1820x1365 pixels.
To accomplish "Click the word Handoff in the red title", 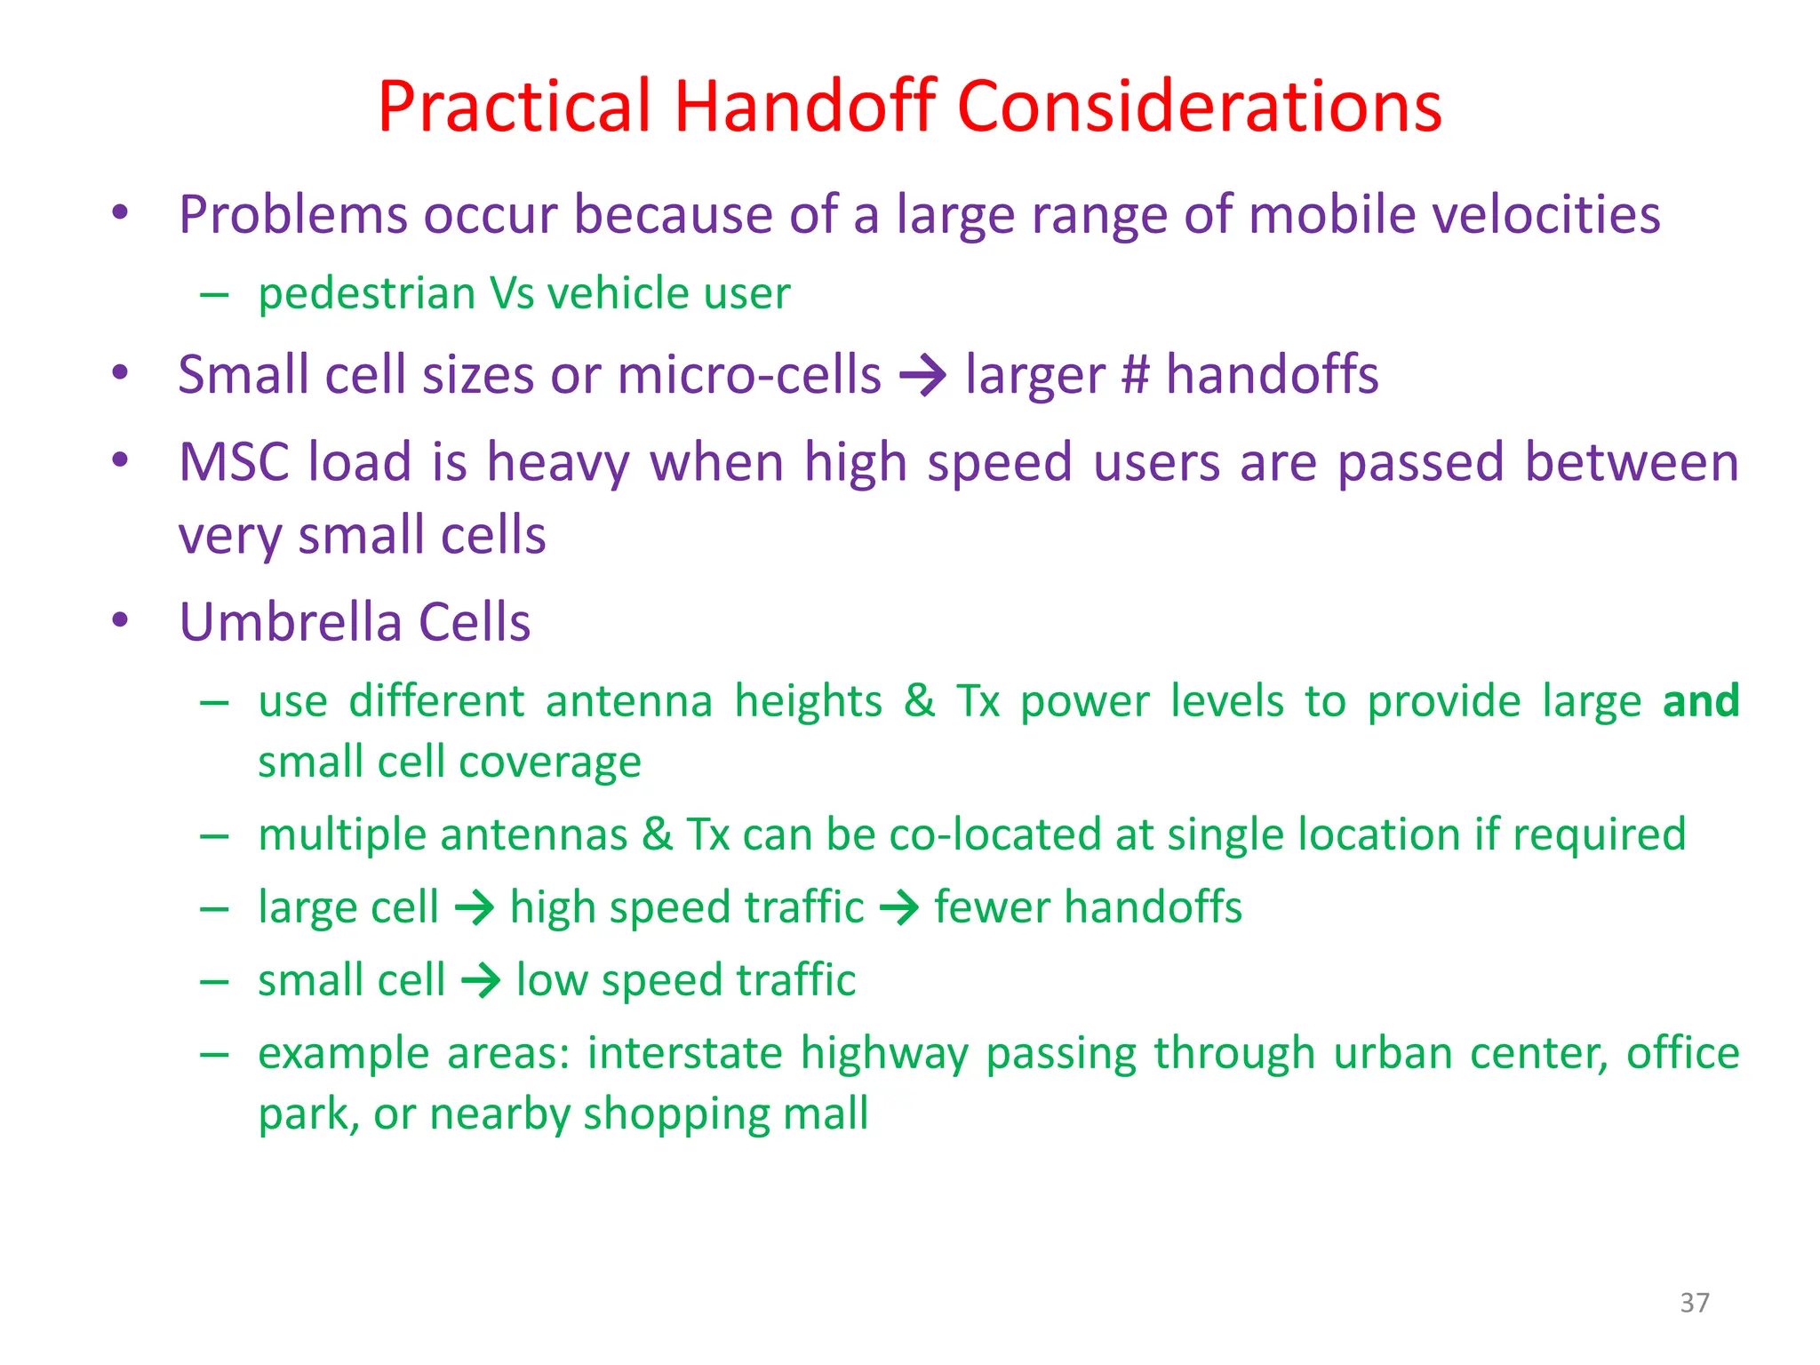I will pos(804,107).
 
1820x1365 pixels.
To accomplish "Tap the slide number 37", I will pos(1694,1303).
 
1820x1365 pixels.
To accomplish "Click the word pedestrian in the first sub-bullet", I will pos(366,293).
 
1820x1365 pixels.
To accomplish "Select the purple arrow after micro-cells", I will pos(922,375).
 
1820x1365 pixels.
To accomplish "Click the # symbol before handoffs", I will pos(1135,374).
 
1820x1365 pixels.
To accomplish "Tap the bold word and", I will pos(1700,701).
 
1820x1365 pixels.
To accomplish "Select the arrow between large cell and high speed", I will pos(474,908).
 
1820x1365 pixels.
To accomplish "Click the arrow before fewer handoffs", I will pos(898,908).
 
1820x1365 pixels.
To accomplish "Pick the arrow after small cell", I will pos(481,981).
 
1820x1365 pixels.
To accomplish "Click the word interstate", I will pos(684,1054).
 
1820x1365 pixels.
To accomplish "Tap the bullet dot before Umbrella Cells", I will pos(121,619).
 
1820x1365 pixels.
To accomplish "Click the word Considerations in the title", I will pos(1199,107).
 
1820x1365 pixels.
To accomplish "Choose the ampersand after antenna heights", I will pos(920,701).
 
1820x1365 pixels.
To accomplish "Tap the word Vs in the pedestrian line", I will pos(511,293).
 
